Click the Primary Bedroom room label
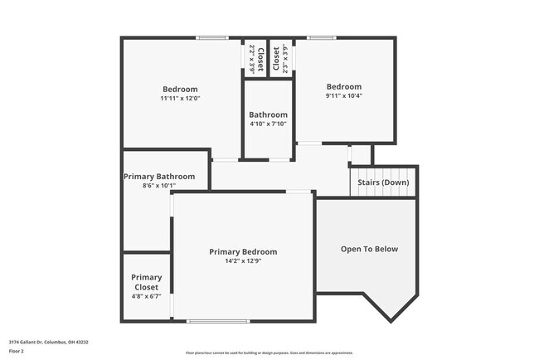(x=243, y=251)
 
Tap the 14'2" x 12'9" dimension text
(x=243, y=260)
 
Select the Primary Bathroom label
(x=159, y=176)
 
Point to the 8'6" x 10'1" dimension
(x=159, y=185)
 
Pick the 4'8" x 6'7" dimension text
(x=147, y=296)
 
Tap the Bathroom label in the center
(x=268, y=114)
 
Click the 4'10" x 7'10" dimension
(x=268, y=124)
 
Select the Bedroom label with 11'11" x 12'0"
(x=180, y=89)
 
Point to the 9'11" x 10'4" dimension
(x=343, y=95)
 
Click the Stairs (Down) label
(x=383, y=182)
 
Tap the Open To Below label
(x=369, y=249)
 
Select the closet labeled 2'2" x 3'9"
(x=255, y=60)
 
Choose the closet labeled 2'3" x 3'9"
(x=281, y=60)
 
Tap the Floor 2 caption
(x=17, y=351)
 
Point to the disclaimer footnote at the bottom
(x=269, y=353)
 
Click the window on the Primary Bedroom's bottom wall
(x=218, y=321)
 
